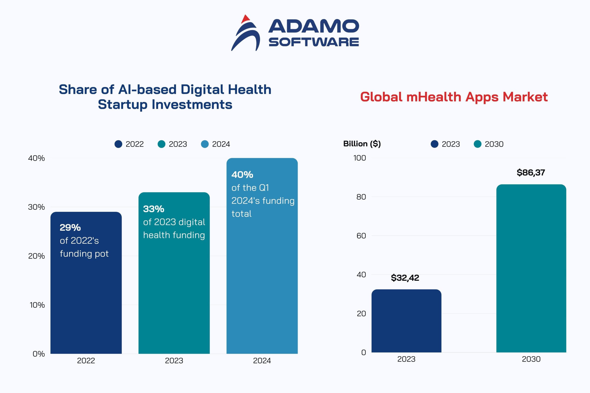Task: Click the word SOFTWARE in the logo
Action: [x=313, y=42]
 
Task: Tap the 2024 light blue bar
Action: [x=262, y=276]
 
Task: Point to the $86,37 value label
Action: [x=531, y=173]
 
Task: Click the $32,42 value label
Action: [x=405, y=278]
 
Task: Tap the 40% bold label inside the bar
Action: [x=242, y=175]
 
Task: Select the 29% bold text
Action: [x=70, y=228]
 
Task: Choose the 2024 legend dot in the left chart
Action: [x=205, y=144]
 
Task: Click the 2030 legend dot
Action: [x=478, y=144]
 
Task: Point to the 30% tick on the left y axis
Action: [x=36, y=207]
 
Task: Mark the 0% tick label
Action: [x=39, y=354]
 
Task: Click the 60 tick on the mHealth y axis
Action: [x=361, y=236]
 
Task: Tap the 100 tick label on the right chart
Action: [x=359, y=158]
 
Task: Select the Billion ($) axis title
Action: [x=362, y=144]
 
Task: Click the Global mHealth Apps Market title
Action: [x=454, y=97]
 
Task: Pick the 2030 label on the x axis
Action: [x=531, y=359]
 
